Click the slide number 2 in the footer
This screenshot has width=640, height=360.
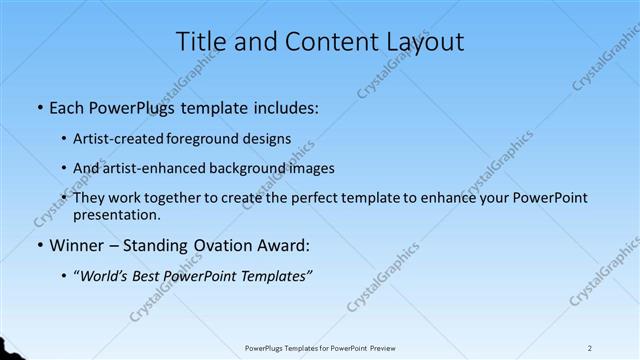590,347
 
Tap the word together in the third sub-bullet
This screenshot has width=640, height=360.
174,198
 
